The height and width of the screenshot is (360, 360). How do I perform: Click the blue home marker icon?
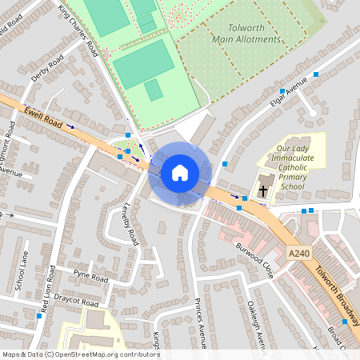coord(180,173)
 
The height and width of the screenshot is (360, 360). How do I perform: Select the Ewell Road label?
coord(42,116)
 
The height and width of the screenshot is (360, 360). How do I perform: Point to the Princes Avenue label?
coord(200,324)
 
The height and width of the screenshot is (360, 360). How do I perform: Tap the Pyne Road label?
coord(90,277)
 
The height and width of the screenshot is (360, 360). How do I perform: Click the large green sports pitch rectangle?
coord(144,64)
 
